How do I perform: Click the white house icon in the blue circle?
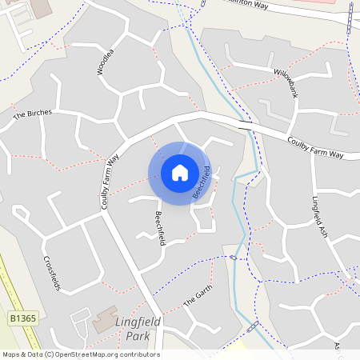point(179,172)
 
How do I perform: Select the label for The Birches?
point(32,114)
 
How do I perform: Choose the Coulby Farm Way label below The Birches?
point(110,182)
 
